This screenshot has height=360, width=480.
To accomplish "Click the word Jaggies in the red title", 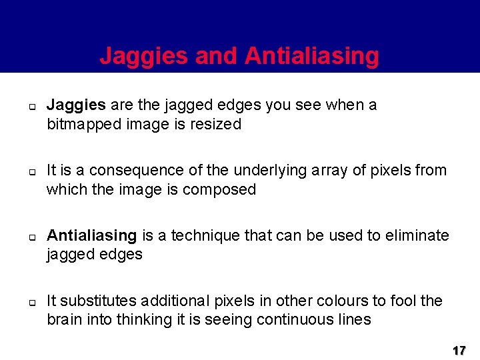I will [144, 56].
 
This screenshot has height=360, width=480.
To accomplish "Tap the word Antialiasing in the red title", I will [311, 56].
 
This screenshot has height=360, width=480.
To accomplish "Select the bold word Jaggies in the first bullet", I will [76, 105].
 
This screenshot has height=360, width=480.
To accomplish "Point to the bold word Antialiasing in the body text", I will [91, 236].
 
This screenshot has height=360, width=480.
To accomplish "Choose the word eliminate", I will [419, 236].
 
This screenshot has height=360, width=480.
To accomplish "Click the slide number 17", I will [459, 350].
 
